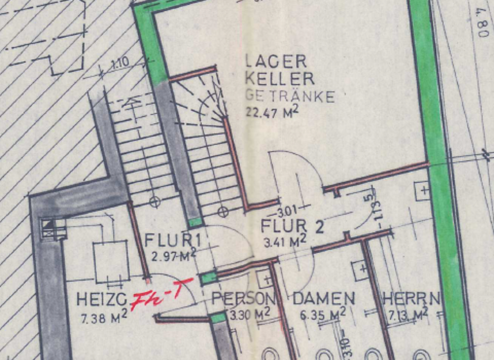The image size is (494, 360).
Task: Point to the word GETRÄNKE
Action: coord(290,96)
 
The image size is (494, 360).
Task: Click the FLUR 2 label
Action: coord(291,227)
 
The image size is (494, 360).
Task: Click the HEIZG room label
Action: coord(100,300)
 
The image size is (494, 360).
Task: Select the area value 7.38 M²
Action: coord(104,316)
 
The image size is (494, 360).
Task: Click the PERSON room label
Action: coord(244,300)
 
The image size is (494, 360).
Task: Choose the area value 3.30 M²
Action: coord(250,314)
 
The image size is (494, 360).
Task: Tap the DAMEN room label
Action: coord(324,299)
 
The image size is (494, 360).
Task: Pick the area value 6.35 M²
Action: coord(324,314)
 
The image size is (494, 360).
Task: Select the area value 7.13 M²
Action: coord(408,314)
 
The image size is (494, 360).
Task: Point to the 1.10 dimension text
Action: coord(120,64)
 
